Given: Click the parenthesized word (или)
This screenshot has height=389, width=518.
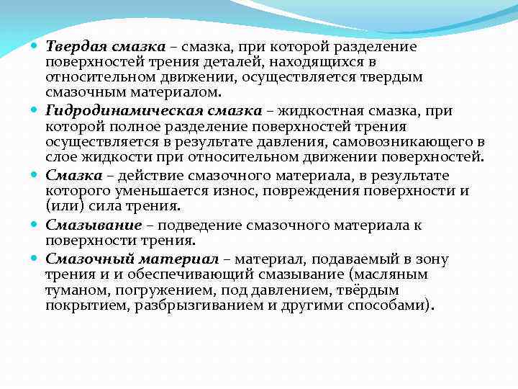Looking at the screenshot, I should coord(65,207).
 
